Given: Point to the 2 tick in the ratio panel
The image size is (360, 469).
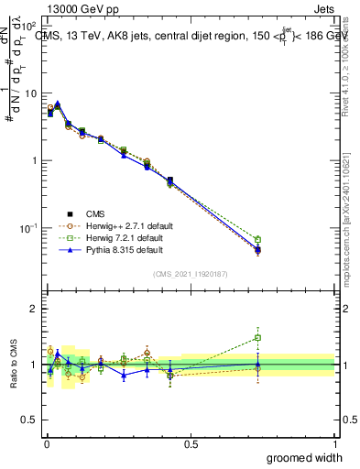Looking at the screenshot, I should point(35,309).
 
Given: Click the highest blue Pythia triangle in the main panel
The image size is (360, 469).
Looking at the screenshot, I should point(58,104).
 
